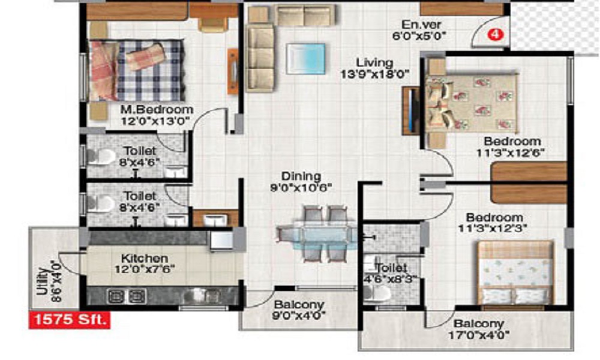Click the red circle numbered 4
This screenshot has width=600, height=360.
pos(496,35)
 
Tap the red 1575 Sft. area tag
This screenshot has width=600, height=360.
pos(69,320)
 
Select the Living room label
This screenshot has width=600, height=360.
pos(374,68)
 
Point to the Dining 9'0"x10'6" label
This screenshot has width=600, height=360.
pos(301,182)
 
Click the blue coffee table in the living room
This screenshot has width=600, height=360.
pos(306,59)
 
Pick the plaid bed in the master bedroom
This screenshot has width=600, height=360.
pos(137,70)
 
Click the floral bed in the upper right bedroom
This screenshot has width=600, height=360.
pos(472,103)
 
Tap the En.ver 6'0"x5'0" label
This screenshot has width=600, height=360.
pos(420,30)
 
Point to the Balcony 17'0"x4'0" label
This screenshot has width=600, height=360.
pos(479,329)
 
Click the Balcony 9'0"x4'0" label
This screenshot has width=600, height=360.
pos(299,310)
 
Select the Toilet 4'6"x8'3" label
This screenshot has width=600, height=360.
pos(391,273)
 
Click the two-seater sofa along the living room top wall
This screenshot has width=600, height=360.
pos(305,15)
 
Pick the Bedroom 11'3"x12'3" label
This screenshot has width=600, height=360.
pos(494,223)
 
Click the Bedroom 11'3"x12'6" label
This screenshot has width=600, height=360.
pos(511,146)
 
